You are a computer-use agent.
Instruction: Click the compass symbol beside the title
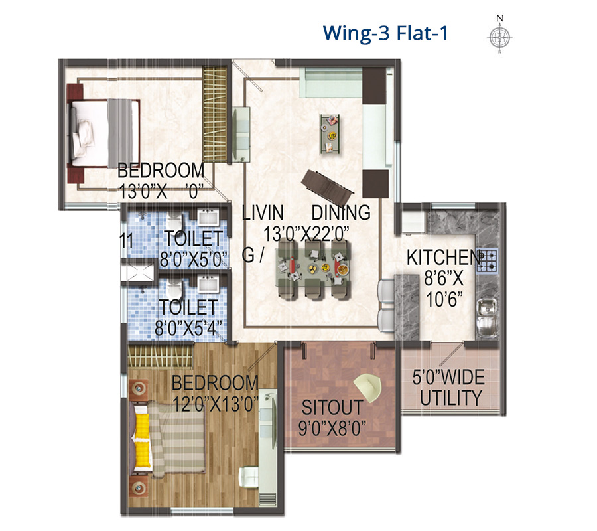pos(500,37)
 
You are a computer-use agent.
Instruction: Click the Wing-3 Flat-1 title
pos(385,33)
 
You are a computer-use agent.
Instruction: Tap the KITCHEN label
pos(444,258)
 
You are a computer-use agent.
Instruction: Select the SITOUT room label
pos(332,407)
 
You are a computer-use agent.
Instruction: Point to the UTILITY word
pos(451,398)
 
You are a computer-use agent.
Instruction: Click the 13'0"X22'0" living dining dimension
pos(306,234)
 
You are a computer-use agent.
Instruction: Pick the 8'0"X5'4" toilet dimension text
pos(188,327)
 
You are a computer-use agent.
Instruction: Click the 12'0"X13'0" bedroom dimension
pos(216,404)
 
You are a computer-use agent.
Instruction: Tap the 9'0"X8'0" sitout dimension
pos(332,428)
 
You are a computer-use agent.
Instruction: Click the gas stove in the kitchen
pos(487,261)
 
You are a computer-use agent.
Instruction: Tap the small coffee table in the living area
pos(330,134)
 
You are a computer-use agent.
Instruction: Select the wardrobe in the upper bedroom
pos(215,114)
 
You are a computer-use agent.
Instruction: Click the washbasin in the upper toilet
pos(208,217)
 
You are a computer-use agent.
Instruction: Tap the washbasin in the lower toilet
pos(208,284)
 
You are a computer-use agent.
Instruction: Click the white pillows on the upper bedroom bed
pos(83,138)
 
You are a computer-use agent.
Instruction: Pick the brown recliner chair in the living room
pos(328,187)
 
